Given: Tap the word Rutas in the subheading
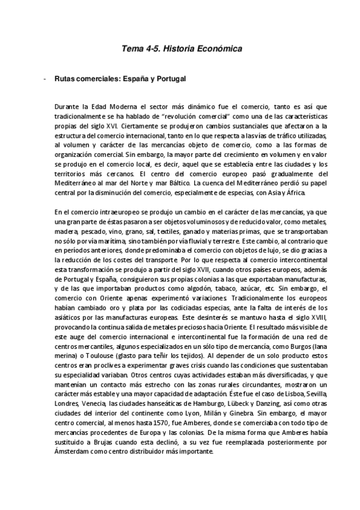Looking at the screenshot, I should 64,79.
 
